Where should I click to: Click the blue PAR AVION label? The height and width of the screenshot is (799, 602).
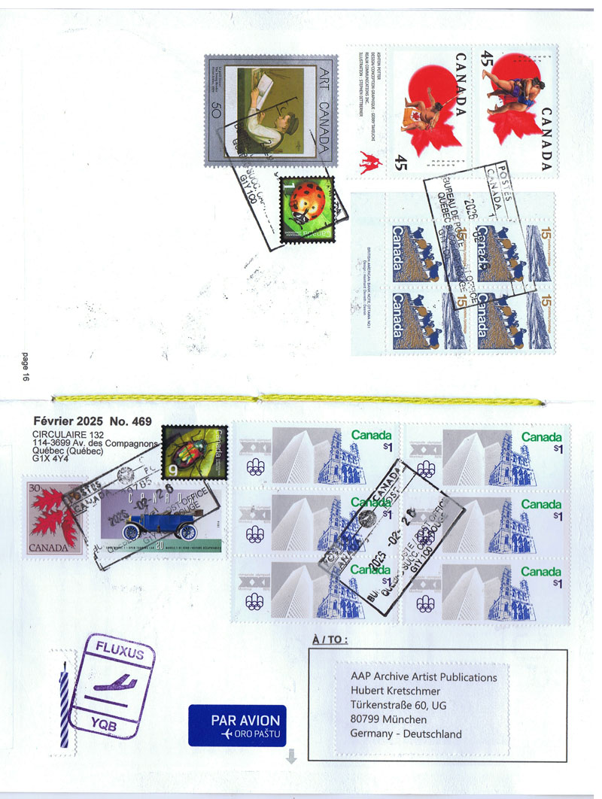pos(237,725)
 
